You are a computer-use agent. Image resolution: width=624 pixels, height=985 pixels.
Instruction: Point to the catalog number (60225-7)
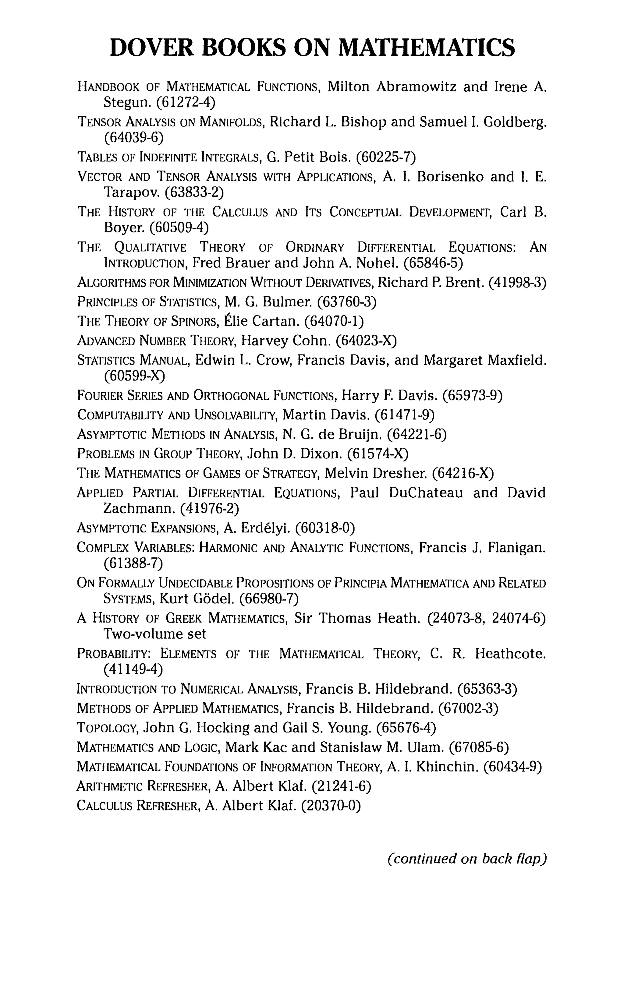pyautogui.click(x=386, y=156)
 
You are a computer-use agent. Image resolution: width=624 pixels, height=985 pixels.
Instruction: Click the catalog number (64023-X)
pyautogui.click(x=366, y=340)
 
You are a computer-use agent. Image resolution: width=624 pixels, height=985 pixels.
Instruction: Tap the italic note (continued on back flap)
pyautogui.click(x=466, y=858)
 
